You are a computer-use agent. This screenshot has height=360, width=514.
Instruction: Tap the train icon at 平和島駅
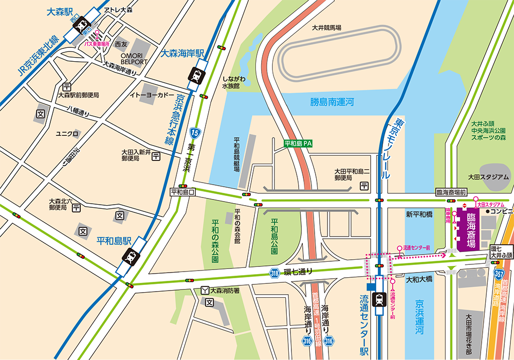[131, 256]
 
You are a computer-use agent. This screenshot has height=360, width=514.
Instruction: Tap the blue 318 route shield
[275, 274]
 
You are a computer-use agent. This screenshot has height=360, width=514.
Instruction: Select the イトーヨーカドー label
[152, 95]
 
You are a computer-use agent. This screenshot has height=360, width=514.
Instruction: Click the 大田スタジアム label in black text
[488, 177]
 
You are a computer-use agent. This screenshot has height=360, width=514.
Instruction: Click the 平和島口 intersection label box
[183, 192]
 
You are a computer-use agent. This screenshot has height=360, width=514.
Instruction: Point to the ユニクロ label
[67, 134]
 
